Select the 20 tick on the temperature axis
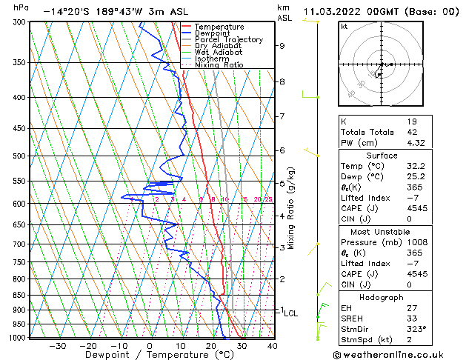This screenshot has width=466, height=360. pos(211,345)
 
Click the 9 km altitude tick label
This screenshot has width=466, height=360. pos(282,46)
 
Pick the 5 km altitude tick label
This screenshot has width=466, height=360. pos(282,183)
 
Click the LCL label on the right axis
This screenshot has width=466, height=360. pos(290,313)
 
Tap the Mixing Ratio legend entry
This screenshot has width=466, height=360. pos(218,65)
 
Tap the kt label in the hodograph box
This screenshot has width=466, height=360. pos(344,27)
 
